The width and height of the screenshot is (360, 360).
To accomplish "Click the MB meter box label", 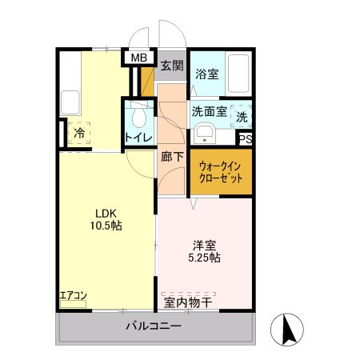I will (x=139, y=58).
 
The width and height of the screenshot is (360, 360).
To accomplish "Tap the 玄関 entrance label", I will (x=170, y=64).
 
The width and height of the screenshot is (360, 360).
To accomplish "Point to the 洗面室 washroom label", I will (x=209, y=113).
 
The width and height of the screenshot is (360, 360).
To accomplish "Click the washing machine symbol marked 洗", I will (x=242, y=116).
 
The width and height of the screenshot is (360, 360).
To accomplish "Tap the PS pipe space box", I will (x=245, y=138).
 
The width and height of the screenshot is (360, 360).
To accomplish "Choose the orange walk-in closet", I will (x=220, y=171).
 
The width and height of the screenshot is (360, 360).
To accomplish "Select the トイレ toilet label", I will (x=138, y=138).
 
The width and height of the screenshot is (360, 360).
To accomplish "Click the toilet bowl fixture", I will (x=139, y=118).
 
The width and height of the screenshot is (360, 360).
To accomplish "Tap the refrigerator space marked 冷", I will (x=79, y=133).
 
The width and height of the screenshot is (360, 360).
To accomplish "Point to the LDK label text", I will (x=106, y=213).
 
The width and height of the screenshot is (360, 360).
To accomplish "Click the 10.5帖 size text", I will (x=106, y=226).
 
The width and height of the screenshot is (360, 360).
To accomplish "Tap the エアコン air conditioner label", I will (x=73, y=296).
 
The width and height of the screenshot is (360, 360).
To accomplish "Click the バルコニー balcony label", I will (x=154, y=326).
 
